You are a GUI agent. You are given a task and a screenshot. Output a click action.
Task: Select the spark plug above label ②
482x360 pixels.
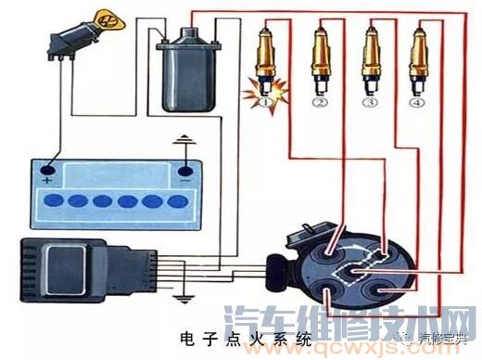point(321,60)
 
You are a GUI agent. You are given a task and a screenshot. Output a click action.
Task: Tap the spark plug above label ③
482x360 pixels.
point(372,60)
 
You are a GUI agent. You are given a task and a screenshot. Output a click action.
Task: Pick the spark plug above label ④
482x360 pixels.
point(419,60)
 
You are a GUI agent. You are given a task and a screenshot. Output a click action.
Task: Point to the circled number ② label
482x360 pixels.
point(321,102)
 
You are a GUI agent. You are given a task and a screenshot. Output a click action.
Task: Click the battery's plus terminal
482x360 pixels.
point(46,170)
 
